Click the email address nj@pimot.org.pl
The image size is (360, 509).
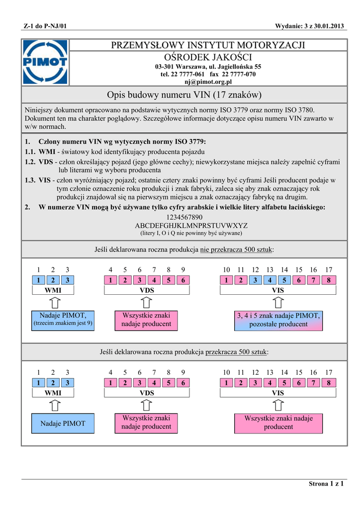point(208,82)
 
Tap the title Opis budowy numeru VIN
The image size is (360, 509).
point(184,94)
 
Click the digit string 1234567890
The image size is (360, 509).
point(184,217)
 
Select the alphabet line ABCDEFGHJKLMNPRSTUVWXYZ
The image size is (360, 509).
point(184,225)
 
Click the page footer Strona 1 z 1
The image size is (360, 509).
point(326,484)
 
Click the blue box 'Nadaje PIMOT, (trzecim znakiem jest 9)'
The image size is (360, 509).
point(63,320)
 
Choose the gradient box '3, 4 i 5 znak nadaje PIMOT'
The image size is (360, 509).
point(278,320)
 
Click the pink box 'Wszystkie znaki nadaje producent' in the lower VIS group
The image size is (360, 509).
point(278,423)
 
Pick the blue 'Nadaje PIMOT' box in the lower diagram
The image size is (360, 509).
point(63,424)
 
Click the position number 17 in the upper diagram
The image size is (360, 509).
point(329,270)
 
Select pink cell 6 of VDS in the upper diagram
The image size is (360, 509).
point(183,280)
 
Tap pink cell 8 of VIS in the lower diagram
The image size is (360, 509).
point(329,383)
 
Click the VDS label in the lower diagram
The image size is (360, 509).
point(147,393)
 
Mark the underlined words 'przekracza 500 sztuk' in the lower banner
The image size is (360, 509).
point(237,352)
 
